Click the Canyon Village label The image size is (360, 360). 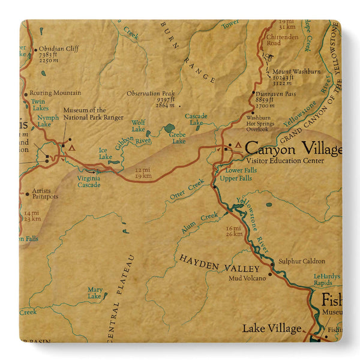click(x=293, y=148)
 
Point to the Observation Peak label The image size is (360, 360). click(x=152, y=94)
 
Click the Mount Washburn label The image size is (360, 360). click(x=296, y=71)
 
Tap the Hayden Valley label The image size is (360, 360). click(x=220, y=263)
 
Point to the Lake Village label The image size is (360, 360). click(x=272, y=328)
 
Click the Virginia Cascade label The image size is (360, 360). click(x=89, y=181)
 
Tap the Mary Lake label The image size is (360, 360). click(x=95, y=292)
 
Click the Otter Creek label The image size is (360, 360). click(x=187, y=188)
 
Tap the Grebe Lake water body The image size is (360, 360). click(x=170, y=128)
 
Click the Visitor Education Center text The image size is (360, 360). click(x=285, y=161)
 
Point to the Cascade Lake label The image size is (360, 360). click(x=196, y=119)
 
